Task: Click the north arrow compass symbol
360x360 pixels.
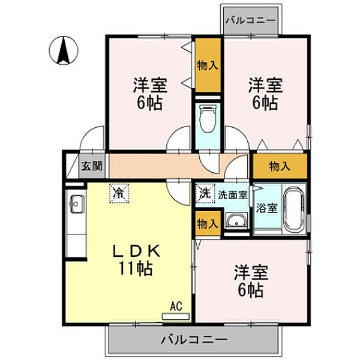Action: tap(64, 50)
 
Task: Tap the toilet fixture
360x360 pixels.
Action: tap(208, 119)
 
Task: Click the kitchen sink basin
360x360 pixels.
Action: tap(77, 204)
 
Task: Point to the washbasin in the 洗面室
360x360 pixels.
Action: tap(236, 221)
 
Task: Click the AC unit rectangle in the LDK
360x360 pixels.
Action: tap(176, 317)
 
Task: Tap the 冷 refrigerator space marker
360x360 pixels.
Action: tap(119, 193)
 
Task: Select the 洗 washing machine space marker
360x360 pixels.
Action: tap(205, 193)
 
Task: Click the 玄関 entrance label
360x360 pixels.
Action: tap(92, 166)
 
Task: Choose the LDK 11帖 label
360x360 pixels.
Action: tap(136, 260)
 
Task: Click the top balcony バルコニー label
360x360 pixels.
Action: tap(250, 20)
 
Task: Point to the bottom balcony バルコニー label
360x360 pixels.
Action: tap(194, 340)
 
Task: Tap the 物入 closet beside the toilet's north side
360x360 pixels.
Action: tap(208, 65)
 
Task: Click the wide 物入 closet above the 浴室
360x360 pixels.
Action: tap(280, 166)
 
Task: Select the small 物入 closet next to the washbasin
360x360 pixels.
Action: tap(208, 224)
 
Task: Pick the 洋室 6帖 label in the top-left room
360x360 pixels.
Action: tap(150, 94)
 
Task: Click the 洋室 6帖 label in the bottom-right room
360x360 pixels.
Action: tap(251, 281)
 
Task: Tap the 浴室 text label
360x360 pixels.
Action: tap(267, 208)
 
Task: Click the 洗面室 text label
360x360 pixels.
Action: tap(233, 195)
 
